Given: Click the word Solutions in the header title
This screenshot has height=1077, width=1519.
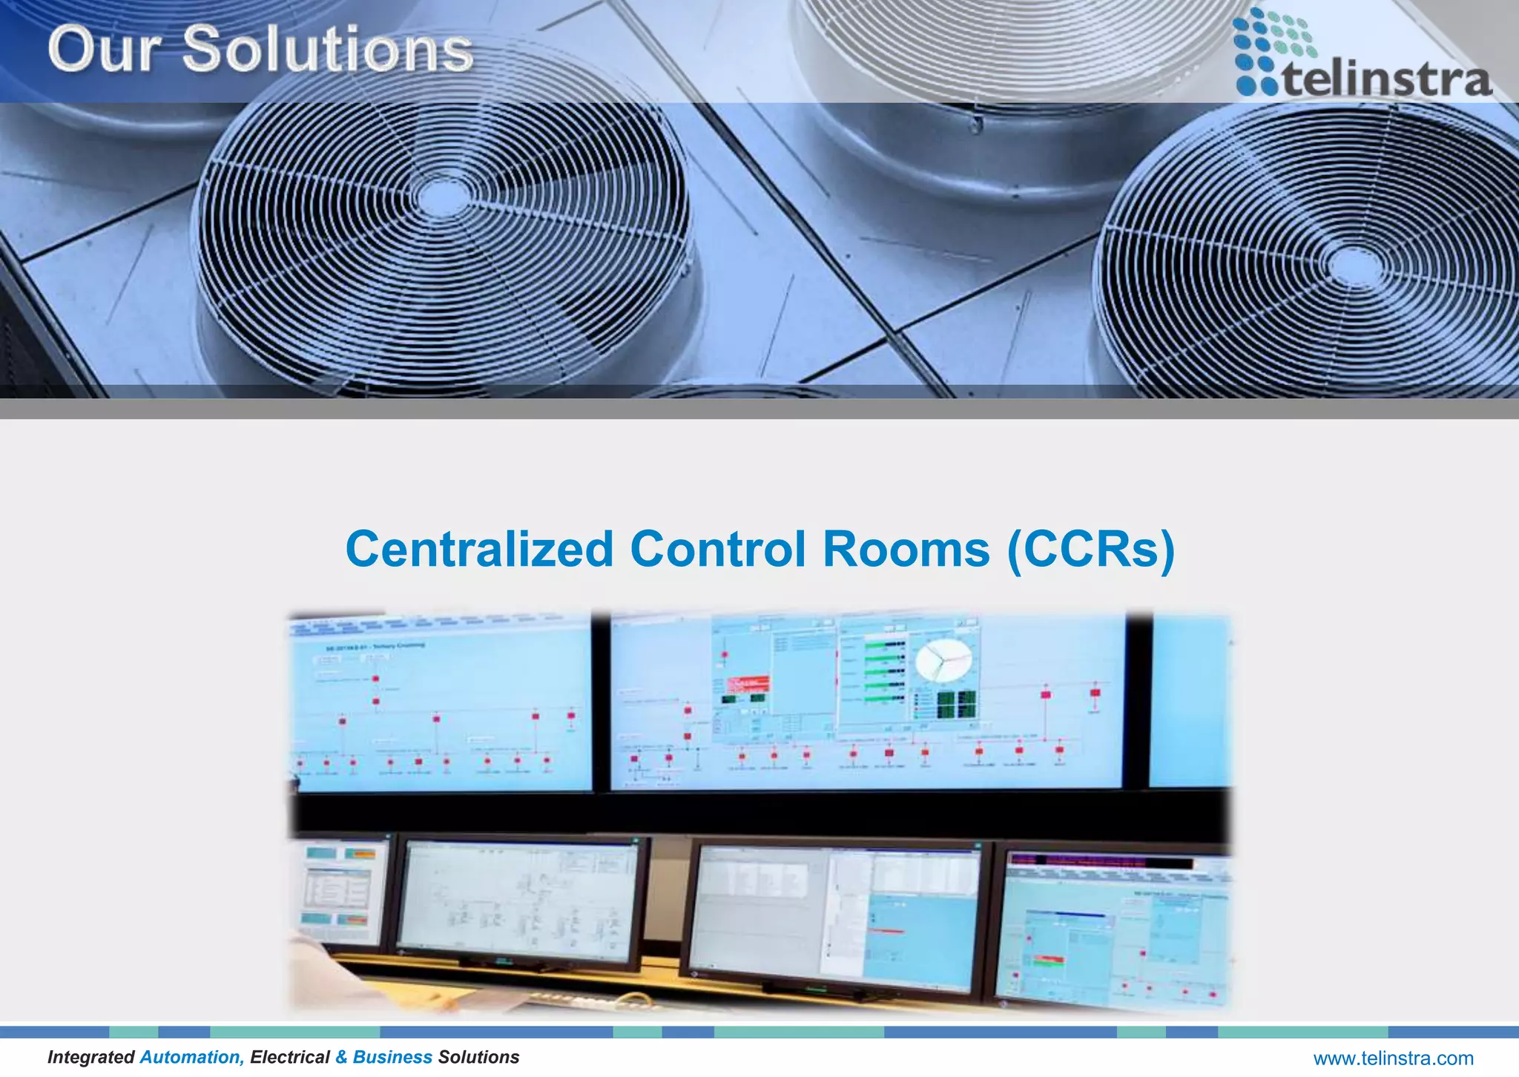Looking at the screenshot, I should pyautogui.click(x=327, y=50).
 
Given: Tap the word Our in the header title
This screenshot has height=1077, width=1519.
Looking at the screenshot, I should pyautogui.click(x=104, y=50).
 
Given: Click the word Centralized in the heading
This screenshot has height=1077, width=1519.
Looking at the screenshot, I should pyautogui.click(x=479, y=550).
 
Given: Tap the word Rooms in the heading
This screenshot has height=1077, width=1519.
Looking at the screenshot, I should pyautogui.click(x=906, y=550).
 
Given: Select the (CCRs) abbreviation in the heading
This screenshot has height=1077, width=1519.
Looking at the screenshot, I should pyautogui.click(x=1091, y=550).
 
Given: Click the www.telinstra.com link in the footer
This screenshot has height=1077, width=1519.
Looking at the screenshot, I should pyautogui.click(x=1393, y=1058).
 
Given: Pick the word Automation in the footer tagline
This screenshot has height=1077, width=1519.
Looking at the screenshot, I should pyautogui.click(x=192, y=1057).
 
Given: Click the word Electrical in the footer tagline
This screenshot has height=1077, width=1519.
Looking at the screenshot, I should pyautogui.click(x=289, y=1057).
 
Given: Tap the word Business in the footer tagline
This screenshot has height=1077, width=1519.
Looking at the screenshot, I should pyautogui.click(x=392, y=1057).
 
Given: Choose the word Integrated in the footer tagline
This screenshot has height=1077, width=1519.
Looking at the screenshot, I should pyautogui.click(x=90, y=1057).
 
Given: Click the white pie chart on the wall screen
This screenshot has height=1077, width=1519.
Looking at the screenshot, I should pyautogui.click(x=943, y=659).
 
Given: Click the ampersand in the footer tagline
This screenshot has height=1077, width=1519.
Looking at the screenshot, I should pyautogui.click(x=341, y=1057).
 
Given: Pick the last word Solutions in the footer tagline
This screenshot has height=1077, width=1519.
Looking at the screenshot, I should pyautogui.click(x=478, y=1057).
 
